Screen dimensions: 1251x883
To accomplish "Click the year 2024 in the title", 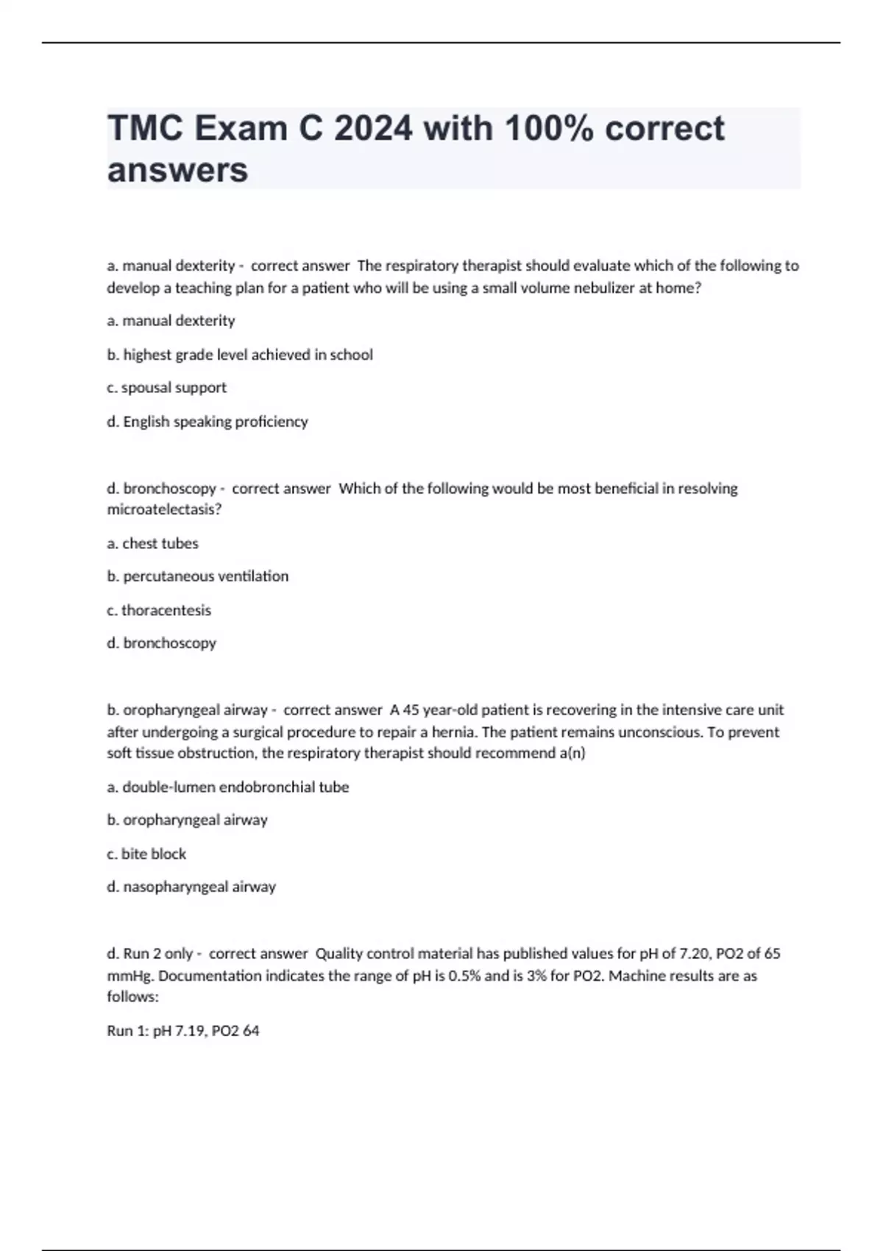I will [372, 129].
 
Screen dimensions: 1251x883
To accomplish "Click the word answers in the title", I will [177, 170].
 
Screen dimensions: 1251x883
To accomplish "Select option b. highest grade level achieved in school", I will [240, 355].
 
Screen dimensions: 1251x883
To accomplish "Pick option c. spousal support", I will [166, 388].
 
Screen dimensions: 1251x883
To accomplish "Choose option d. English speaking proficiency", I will [208, 422].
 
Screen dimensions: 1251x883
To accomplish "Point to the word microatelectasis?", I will [164, 509].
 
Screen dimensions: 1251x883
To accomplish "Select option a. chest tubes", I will [152, 544].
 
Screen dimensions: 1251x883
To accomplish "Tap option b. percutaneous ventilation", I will [197, 576].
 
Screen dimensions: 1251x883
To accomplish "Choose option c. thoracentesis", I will [159, 610].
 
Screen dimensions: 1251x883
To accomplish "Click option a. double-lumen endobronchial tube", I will [228, 787].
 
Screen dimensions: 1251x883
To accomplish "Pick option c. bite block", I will [146, 854].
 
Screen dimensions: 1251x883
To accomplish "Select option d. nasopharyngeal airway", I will [191, 887].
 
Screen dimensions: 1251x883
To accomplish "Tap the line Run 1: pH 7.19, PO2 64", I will [183, 1031].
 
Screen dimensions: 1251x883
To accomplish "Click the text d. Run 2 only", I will [149, 954].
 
